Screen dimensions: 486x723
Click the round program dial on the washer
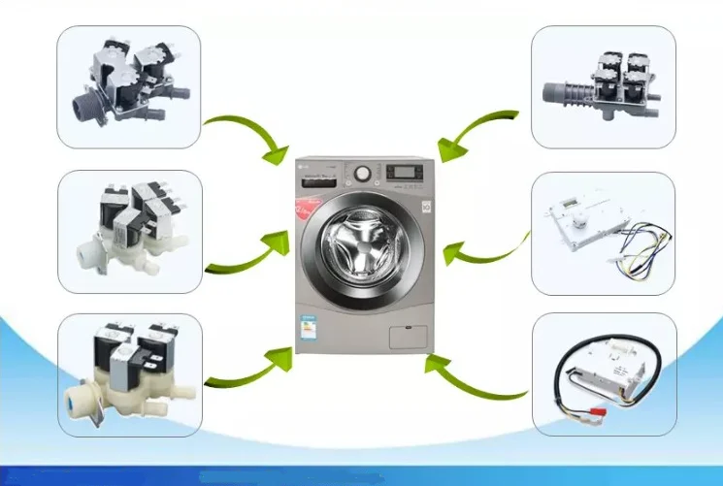363,172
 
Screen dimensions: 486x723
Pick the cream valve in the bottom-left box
126,373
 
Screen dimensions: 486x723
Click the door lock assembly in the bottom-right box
602,373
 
